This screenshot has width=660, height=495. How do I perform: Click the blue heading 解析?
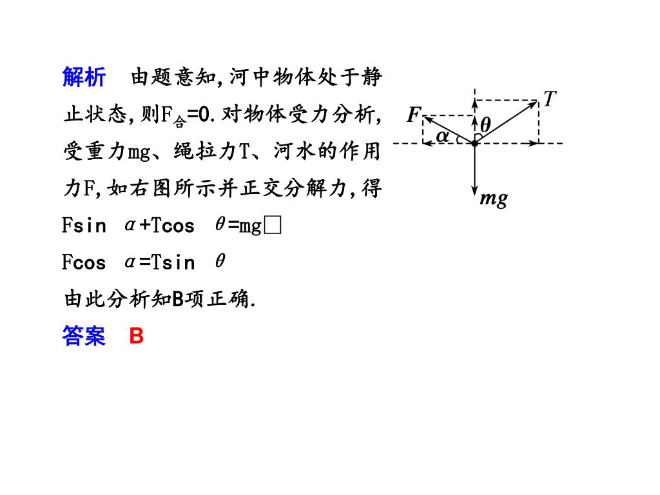click(x=84, y=77)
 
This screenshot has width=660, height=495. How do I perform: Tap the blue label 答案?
click(x=84, y=336)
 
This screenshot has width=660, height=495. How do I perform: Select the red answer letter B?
click(x=136, y=336)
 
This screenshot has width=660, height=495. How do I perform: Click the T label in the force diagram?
click(x=549, y=99)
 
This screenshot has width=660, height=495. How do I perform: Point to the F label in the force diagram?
click(x=413, y=115)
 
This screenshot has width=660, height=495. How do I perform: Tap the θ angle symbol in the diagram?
click(x=485, y=124)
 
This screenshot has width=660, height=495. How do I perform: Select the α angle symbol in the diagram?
click(x=442, y=135)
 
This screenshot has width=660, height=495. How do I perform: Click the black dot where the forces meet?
click(x=474, y=142)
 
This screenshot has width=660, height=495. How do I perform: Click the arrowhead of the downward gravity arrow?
click(x=474, y=191)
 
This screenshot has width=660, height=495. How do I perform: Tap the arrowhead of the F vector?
click(x=426, y=117)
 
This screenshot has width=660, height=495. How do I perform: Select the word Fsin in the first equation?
click(x=84, y=226)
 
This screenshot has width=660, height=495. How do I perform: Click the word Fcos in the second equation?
click(x=84, y=262)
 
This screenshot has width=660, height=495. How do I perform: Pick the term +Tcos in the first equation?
click(x=167, y=226)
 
